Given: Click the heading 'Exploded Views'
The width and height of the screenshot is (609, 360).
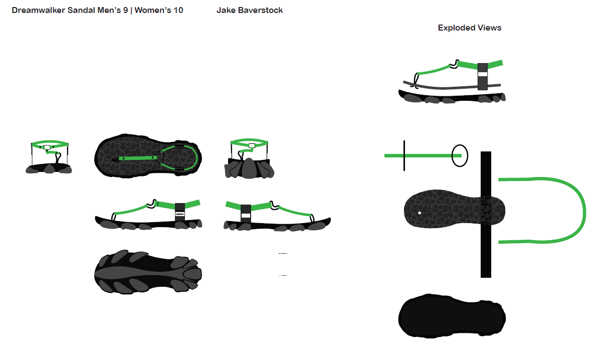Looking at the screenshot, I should coord(469,28).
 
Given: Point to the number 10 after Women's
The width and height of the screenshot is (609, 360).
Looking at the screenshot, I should coord(178,11).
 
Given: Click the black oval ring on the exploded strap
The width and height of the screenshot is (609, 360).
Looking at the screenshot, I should coord(460,155).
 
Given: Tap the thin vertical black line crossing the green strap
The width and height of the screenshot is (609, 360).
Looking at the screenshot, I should coord(404,155).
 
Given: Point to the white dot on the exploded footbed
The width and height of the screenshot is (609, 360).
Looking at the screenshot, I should coord(420,213).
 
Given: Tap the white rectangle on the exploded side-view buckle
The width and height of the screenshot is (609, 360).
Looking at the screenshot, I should coord(483,74).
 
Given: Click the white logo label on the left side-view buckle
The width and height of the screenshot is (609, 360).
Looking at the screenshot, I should coord(180,214).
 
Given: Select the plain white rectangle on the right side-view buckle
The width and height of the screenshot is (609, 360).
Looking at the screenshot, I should coord(246,216).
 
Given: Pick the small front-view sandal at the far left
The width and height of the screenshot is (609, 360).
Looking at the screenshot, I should coord(49,157).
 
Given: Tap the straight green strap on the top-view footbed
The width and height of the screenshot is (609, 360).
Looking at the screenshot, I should coord(138,158).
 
